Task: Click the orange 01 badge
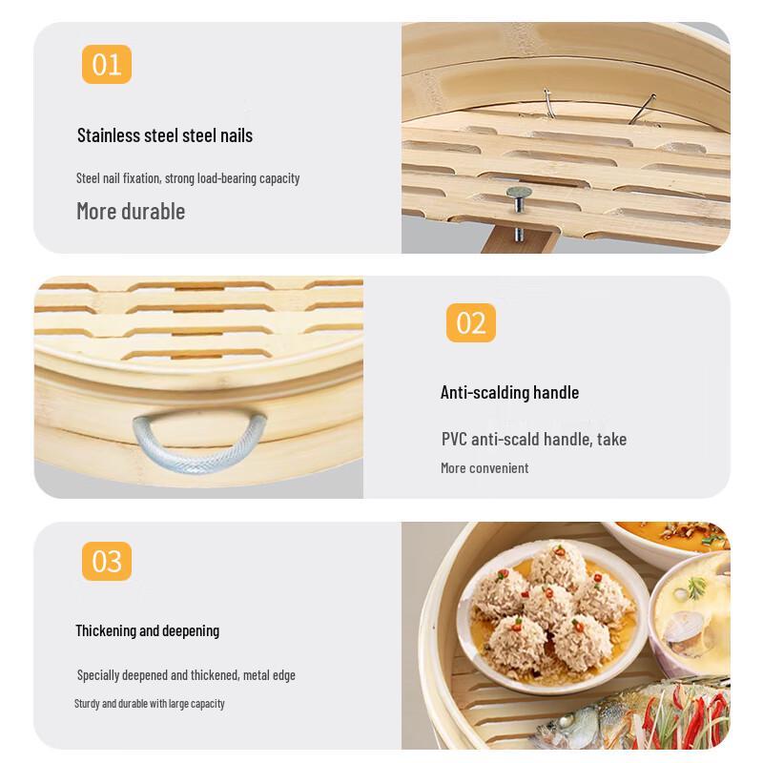tap(107, 65)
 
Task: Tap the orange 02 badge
tap(471, 322)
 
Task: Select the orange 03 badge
tap(107, 561)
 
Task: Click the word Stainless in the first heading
tap(109, 135)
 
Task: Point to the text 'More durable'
tap(131, 211)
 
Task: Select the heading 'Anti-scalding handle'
tap(509, 392)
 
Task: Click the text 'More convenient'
tap(484, 468)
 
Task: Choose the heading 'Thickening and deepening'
tap(147, 630)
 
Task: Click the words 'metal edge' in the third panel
tap(269, 675)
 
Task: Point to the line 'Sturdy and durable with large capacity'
tap(150, 704)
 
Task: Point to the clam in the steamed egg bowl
tap(690, 629)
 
